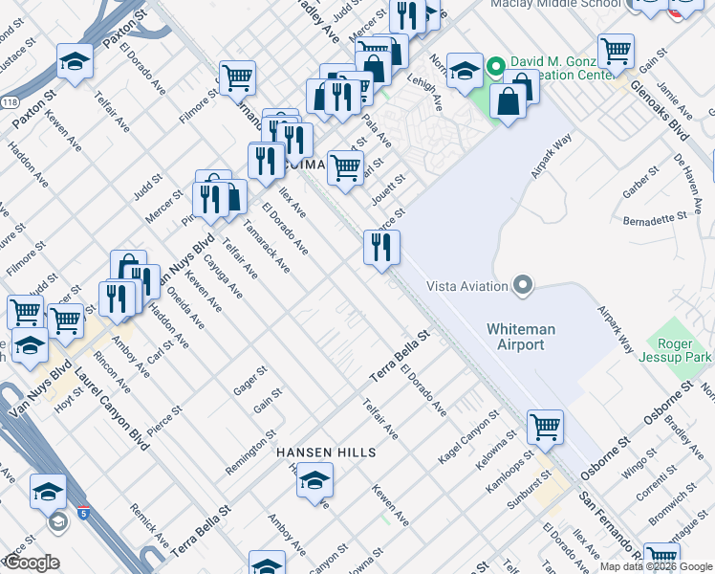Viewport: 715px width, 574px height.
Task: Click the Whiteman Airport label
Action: point(515,337)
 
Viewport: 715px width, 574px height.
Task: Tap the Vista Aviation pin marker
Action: point(522,285)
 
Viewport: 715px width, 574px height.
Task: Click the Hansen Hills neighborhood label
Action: point(325,452)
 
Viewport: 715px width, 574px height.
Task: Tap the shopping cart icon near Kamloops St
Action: point(545,427)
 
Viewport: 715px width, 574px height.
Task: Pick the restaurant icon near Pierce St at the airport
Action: point(381,248)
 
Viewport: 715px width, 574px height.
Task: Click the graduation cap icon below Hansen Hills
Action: point(314,481)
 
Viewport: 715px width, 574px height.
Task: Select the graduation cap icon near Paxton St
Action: point(75,62)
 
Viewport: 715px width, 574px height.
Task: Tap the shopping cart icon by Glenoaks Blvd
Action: point(616,52)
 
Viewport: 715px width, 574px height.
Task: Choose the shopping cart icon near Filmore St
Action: point(236,78)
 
